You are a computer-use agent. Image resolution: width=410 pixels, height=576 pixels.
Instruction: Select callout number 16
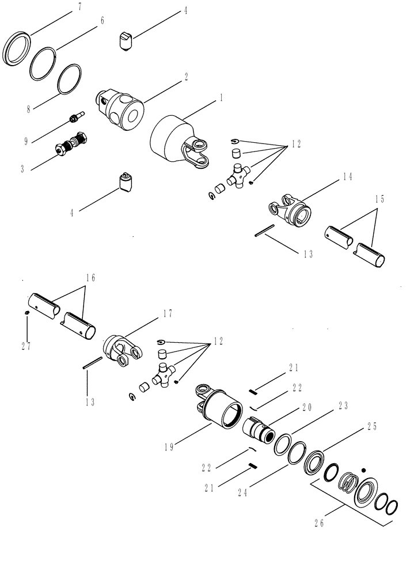pos(90,278)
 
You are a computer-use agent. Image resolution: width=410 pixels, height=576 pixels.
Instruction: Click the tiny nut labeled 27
pos(27,313)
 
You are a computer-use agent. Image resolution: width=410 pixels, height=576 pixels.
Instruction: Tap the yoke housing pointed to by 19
pos(221,410)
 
